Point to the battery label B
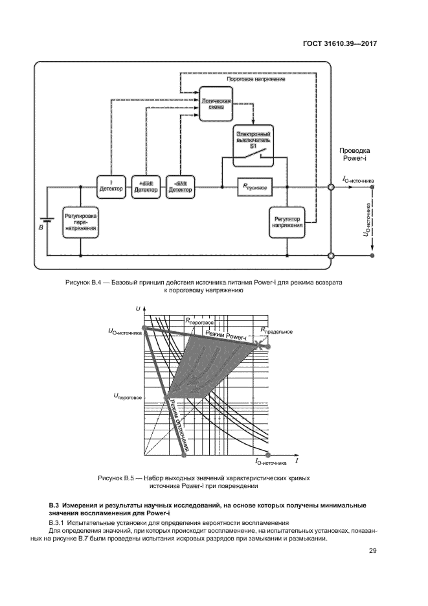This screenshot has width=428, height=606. (40, 227)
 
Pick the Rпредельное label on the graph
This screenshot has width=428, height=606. (276, 331)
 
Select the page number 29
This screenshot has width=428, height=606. (373, 551)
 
